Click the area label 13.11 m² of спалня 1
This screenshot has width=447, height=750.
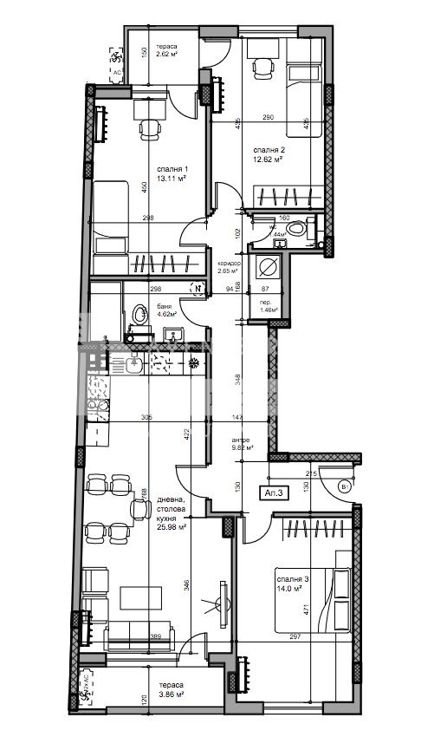coord(170,179)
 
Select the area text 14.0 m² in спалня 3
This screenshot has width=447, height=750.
coord(288,589)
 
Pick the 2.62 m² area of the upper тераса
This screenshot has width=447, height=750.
coord(166,55)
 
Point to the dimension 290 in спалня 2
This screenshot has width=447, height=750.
coord(269,117)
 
